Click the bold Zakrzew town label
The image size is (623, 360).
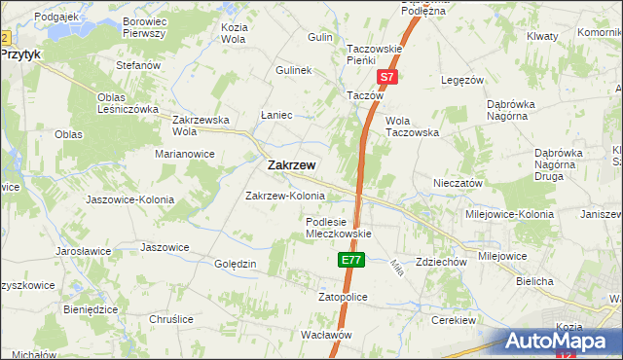click(291, 165)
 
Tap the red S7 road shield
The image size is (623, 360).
click(386, 76)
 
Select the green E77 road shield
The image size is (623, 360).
click(351, 261)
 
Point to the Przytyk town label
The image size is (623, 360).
click(20, 55)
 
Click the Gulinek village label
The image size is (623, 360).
click(293, 71)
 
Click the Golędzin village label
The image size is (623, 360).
click(235, 264)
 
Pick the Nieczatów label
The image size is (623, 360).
click(458, 183)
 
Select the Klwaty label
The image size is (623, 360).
click(542, 36)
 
